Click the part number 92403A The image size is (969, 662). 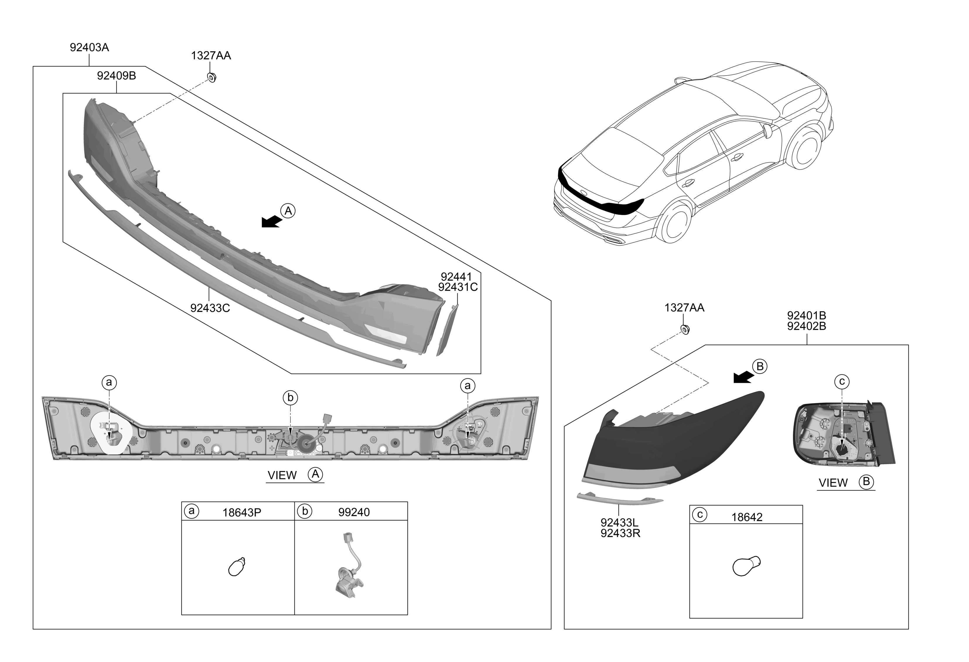coord(89,47)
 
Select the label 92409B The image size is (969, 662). coord(116,76)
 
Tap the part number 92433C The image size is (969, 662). coord(210,308)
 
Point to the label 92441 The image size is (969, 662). coord(456,277)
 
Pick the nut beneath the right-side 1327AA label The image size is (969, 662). coord(684,330)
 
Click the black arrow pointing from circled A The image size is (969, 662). coord(271,222)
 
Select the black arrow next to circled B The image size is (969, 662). coord(743,378)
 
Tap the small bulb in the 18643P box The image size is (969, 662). coord(237,567)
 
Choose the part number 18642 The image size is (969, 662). coord(747,517)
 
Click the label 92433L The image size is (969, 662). coord(619,522)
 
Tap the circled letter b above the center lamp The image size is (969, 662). coord(290,398)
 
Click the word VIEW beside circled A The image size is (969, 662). coord(282,475)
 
